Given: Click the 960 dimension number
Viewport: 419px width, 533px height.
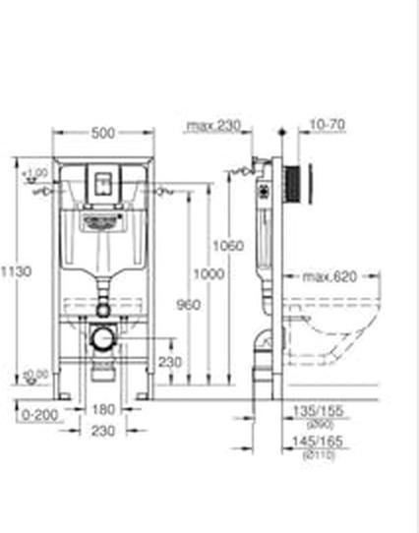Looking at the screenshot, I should [191, 305].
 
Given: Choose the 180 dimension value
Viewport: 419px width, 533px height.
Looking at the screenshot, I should [103, 411].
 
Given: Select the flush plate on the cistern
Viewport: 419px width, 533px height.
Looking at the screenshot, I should [102, 182].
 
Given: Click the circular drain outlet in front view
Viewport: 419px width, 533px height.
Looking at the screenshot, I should [101, 337].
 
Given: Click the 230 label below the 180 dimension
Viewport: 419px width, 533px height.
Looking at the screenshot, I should [103, 431].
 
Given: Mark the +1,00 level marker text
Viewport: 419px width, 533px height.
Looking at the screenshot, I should [37, 173].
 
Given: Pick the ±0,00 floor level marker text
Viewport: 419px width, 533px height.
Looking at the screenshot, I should [36, 375].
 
